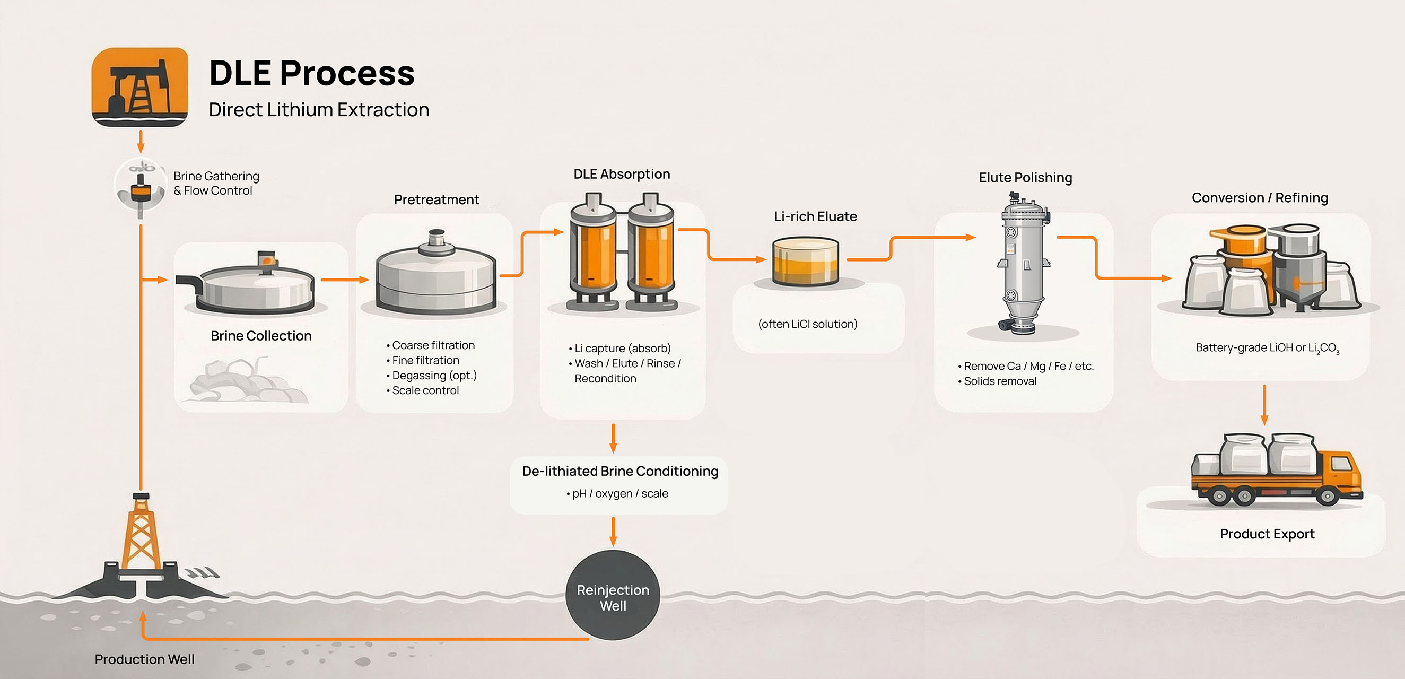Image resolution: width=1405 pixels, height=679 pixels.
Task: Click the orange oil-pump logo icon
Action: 139,86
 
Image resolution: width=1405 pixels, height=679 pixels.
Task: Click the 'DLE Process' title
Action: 311,73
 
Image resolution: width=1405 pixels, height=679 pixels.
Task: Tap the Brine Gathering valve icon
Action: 141,186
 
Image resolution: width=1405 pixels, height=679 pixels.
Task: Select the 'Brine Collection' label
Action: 261,335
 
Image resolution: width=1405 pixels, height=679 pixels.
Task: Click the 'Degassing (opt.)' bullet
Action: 434,375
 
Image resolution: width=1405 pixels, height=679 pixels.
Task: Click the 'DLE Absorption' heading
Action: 621,174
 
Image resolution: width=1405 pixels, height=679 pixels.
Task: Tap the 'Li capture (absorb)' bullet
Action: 622,348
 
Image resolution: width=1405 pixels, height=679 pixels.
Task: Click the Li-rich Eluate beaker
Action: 805,261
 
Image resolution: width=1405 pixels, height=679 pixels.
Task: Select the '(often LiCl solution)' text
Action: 807,324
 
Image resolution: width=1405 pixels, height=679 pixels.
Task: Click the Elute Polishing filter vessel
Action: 1024,262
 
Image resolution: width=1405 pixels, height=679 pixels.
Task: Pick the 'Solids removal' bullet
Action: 1000,381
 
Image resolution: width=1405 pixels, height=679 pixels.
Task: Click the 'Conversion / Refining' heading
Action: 1259,197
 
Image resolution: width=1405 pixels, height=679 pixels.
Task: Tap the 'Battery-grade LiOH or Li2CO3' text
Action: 1267,347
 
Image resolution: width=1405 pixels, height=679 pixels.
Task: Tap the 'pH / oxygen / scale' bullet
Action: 619,493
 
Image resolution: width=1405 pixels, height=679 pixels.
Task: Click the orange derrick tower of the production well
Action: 141,535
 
